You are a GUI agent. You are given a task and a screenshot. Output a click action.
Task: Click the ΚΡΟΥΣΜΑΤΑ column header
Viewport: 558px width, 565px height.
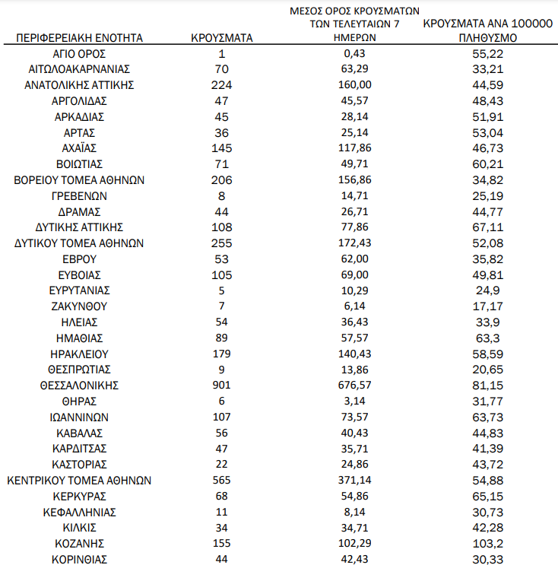click(x=222, y=37)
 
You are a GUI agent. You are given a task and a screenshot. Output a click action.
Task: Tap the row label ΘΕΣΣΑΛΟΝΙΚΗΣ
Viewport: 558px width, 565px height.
click(x=80, y=385)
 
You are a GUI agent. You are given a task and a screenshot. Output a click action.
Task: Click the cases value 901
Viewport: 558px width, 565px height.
click(x=222, y=385)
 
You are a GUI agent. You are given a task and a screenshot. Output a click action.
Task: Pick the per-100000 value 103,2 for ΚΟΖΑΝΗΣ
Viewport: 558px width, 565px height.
click(x=488, y=543)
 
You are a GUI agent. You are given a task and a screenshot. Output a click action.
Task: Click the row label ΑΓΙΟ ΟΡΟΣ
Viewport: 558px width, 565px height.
click(x=80, y=53)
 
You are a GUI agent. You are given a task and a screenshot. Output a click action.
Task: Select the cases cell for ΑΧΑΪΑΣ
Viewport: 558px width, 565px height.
click(x=222, y=148)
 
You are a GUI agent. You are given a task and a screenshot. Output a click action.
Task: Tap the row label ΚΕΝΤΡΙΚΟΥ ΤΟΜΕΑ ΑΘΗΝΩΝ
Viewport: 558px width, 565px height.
click(x=80, y=480)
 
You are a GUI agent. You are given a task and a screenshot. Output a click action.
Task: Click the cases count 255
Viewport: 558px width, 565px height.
click(x=222, y=243)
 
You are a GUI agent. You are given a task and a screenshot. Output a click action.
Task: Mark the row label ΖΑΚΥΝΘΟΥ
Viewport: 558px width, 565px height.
click(x=80, y=306)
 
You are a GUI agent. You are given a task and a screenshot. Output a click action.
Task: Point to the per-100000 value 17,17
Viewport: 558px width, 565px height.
click(x=488, y=306)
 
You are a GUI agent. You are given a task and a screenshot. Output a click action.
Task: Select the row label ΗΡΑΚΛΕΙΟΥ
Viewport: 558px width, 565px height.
click(x=80, y=354)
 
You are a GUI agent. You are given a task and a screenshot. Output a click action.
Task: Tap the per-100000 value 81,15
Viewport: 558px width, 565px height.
click(x=488, y=385)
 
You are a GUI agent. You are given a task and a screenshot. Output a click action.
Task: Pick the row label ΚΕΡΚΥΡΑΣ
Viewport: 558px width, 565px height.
click(x=80, y=496)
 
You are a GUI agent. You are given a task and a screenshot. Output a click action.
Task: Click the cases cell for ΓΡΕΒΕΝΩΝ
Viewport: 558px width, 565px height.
click(x=222, y=195)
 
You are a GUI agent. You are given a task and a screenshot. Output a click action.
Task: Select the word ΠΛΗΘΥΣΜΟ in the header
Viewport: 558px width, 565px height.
click(x=488, y=37)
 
